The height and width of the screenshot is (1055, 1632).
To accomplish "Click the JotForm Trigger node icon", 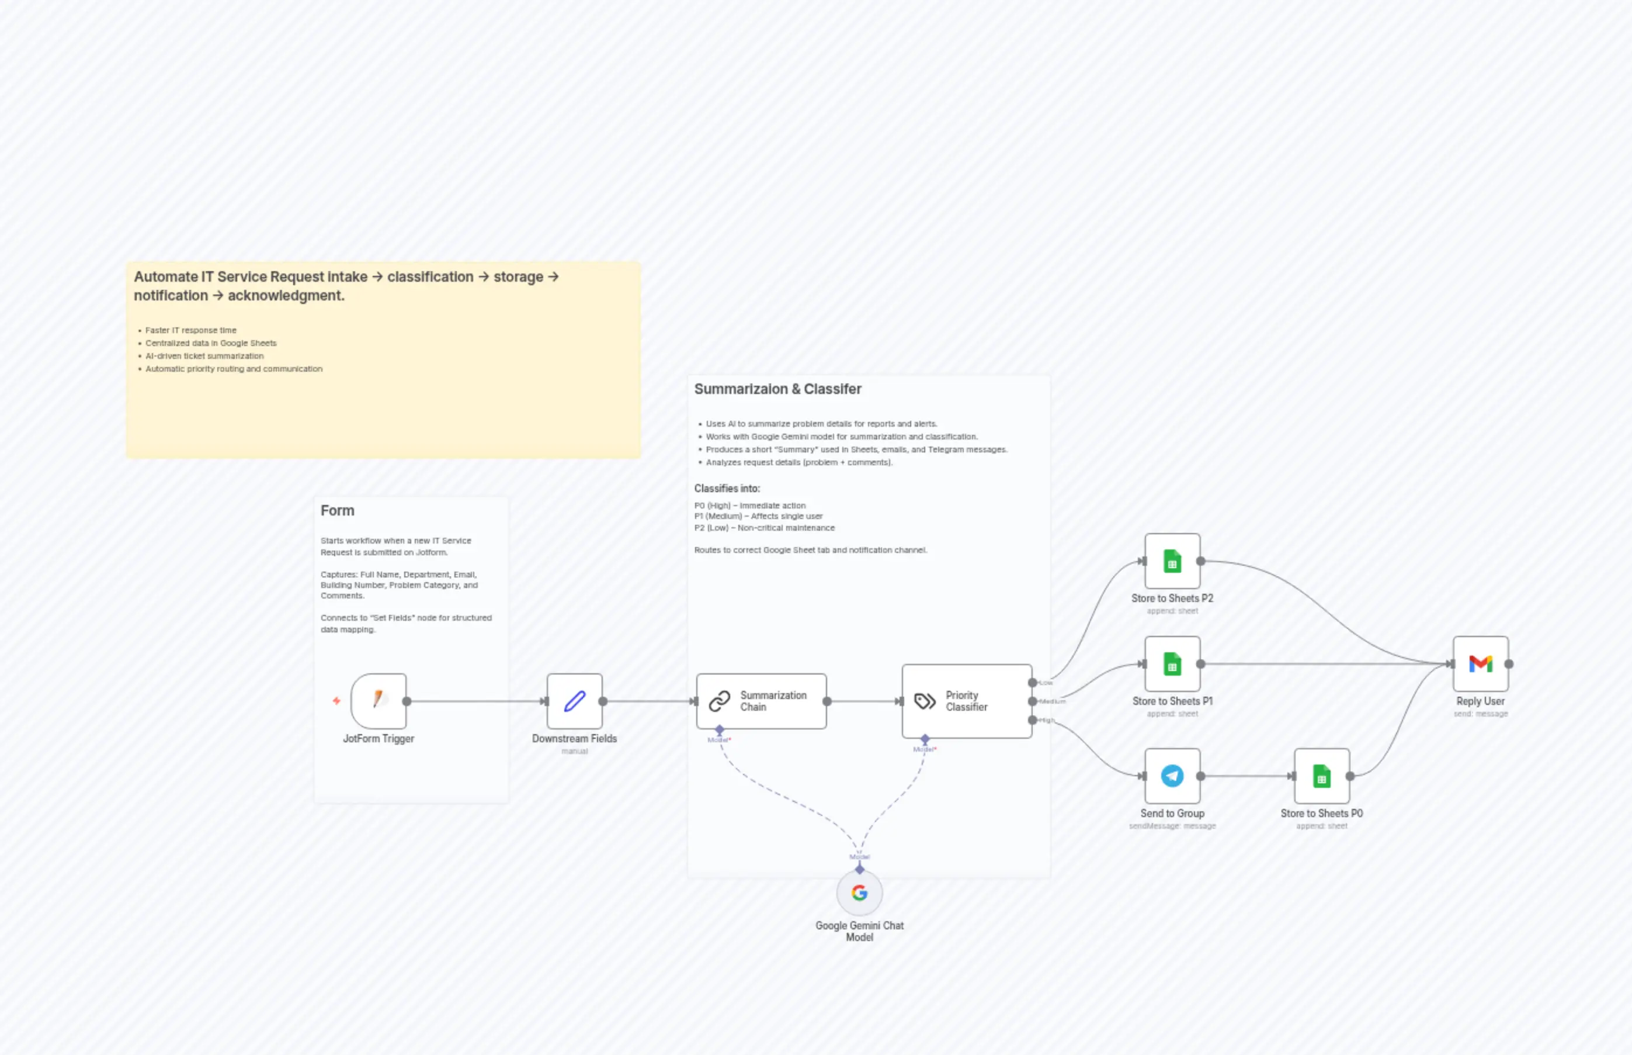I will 378,700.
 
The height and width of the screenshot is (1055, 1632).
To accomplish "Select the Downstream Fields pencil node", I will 574,700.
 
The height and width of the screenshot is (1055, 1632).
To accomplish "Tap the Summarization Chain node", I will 761,700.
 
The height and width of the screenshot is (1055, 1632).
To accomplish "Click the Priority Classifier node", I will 966,700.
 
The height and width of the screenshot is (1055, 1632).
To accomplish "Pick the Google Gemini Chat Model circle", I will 859,893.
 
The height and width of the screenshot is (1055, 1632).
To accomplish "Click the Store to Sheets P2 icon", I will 1172,561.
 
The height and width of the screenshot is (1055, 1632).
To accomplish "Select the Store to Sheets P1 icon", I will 1172,664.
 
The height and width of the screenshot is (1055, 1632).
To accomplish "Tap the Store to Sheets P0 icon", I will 1321,776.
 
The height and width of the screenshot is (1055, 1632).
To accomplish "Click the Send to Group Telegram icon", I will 1172,776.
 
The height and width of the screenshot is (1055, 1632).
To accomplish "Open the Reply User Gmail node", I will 1480,664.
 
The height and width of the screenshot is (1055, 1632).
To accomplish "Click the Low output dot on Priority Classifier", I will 1032,682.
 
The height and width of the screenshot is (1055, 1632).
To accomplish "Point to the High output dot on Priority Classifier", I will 1032,720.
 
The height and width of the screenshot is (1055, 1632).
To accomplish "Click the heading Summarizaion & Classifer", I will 777,389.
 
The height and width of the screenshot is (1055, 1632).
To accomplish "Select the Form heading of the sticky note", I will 338,511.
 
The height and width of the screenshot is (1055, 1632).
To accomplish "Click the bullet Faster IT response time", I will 190,330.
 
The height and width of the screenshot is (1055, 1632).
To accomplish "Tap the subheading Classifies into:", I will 727,489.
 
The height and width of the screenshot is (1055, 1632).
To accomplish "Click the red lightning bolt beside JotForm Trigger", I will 336,700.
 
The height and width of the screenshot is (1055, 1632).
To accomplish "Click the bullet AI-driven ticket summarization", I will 204,356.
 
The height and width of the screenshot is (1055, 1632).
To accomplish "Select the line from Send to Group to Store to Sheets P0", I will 1246,776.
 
